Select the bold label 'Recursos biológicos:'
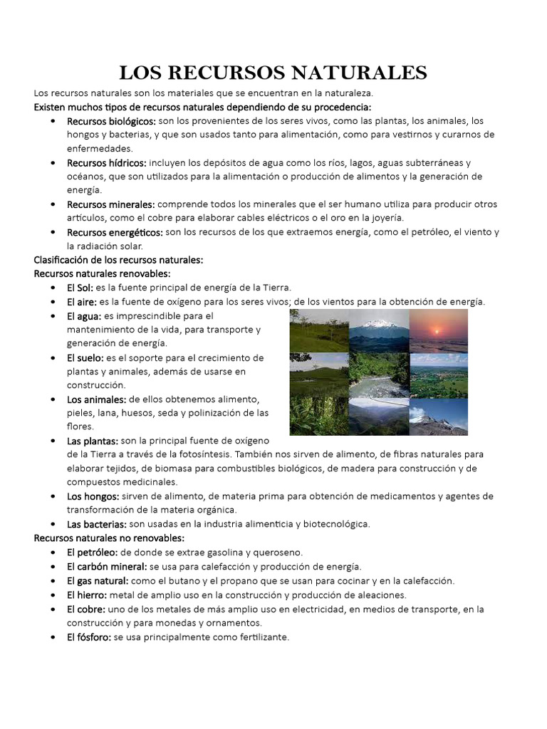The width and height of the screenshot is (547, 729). (x=111, y=122)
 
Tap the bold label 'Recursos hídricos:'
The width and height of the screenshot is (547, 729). (x=107, y=163)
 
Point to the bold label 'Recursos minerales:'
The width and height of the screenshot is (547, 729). (x=110, y=204)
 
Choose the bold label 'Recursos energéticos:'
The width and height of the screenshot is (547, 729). (x=115, y=232)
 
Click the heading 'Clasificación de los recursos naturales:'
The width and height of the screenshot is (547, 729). (x=118, y=260)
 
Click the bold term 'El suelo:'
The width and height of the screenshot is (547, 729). (x=85, y=357)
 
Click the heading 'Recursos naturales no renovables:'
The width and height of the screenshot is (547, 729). (x=109, y=537)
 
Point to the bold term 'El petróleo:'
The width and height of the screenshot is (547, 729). (x=93, y=552)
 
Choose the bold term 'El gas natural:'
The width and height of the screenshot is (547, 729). (x=98, y=581)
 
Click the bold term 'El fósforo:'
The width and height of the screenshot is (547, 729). (x=89, y=637)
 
